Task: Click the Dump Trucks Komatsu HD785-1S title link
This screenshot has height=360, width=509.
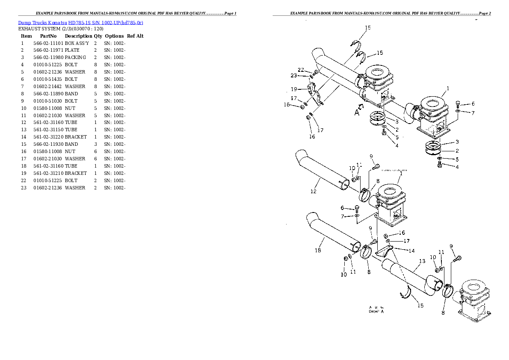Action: click(80, 22)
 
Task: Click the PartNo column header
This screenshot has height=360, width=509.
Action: click(48, 36)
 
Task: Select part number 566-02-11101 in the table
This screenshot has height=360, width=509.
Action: click(48, 44)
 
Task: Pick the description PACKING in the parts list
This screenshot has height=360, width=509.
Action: click(75, 58)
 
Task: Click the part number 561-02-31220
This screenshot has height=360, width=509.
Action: click(48, 137)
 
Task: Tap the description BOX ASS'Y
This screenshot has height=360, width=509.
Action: click(77, 44)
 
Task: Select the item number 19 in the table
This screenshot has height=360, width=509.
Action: click(24, 174)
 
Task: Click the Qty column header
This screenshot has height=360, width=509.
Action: click(98, 36)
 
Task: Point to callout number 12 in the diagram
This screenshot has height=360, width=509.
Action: click(313, 192)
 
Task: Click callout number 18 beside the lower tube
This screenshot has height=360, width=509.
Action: click(318, 251)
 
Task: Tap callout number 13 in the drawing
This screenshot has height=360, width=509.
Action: click(422, 261)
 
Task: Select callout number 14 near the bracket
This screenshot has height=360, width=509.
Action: click(411, 251)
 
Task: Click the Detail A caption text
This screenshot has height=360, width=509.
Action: click(376, 312)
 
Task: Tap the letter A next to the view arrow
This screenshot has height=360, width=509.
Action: click(356, 113)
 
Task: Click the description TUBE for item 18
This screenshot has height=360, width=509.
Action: click(71, 166)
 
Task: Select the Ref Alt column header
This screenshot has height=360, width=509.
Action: click(135, 36)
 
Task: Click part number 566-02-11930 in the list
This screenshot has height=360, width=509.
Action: click(48, 145)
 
